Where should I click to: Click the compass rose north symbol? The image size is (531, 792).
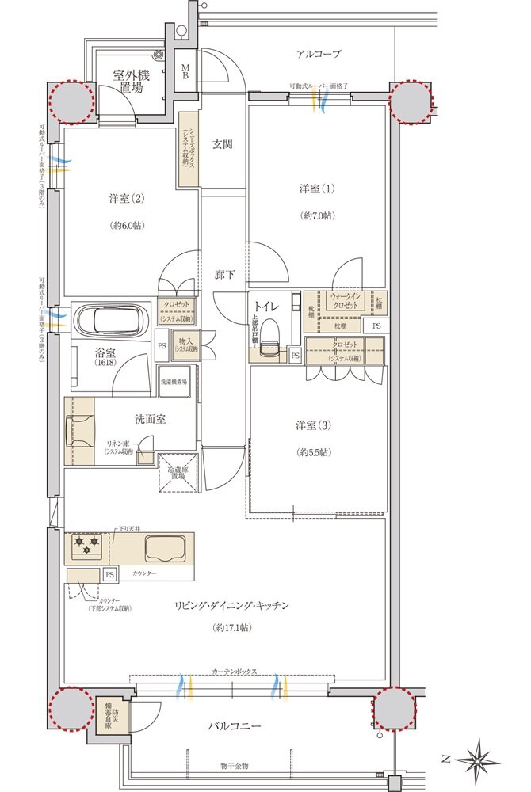tap(479, 759)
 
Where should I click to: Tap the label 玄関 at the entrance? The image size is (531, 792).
tap(222, 144)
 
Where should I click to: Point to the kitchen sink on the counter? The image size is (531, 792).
tap(166, 547)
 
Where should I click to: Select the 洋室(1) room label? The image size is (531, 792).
tap(317, 188)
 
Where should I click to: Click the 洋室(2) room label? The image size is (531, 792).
tap(127, 197)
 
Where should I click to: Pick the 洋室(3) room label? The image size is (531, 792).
tap(315, 426)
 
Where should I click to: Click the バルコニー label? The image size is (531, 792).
tap(235, 725)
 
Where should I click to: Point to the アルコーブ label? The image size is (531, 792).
tap(319, 54)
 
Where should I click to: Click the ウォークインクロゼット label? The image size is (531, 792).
tap(345, 301)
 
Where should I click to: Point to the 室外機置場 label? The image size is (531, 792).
tap(131, 82)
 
